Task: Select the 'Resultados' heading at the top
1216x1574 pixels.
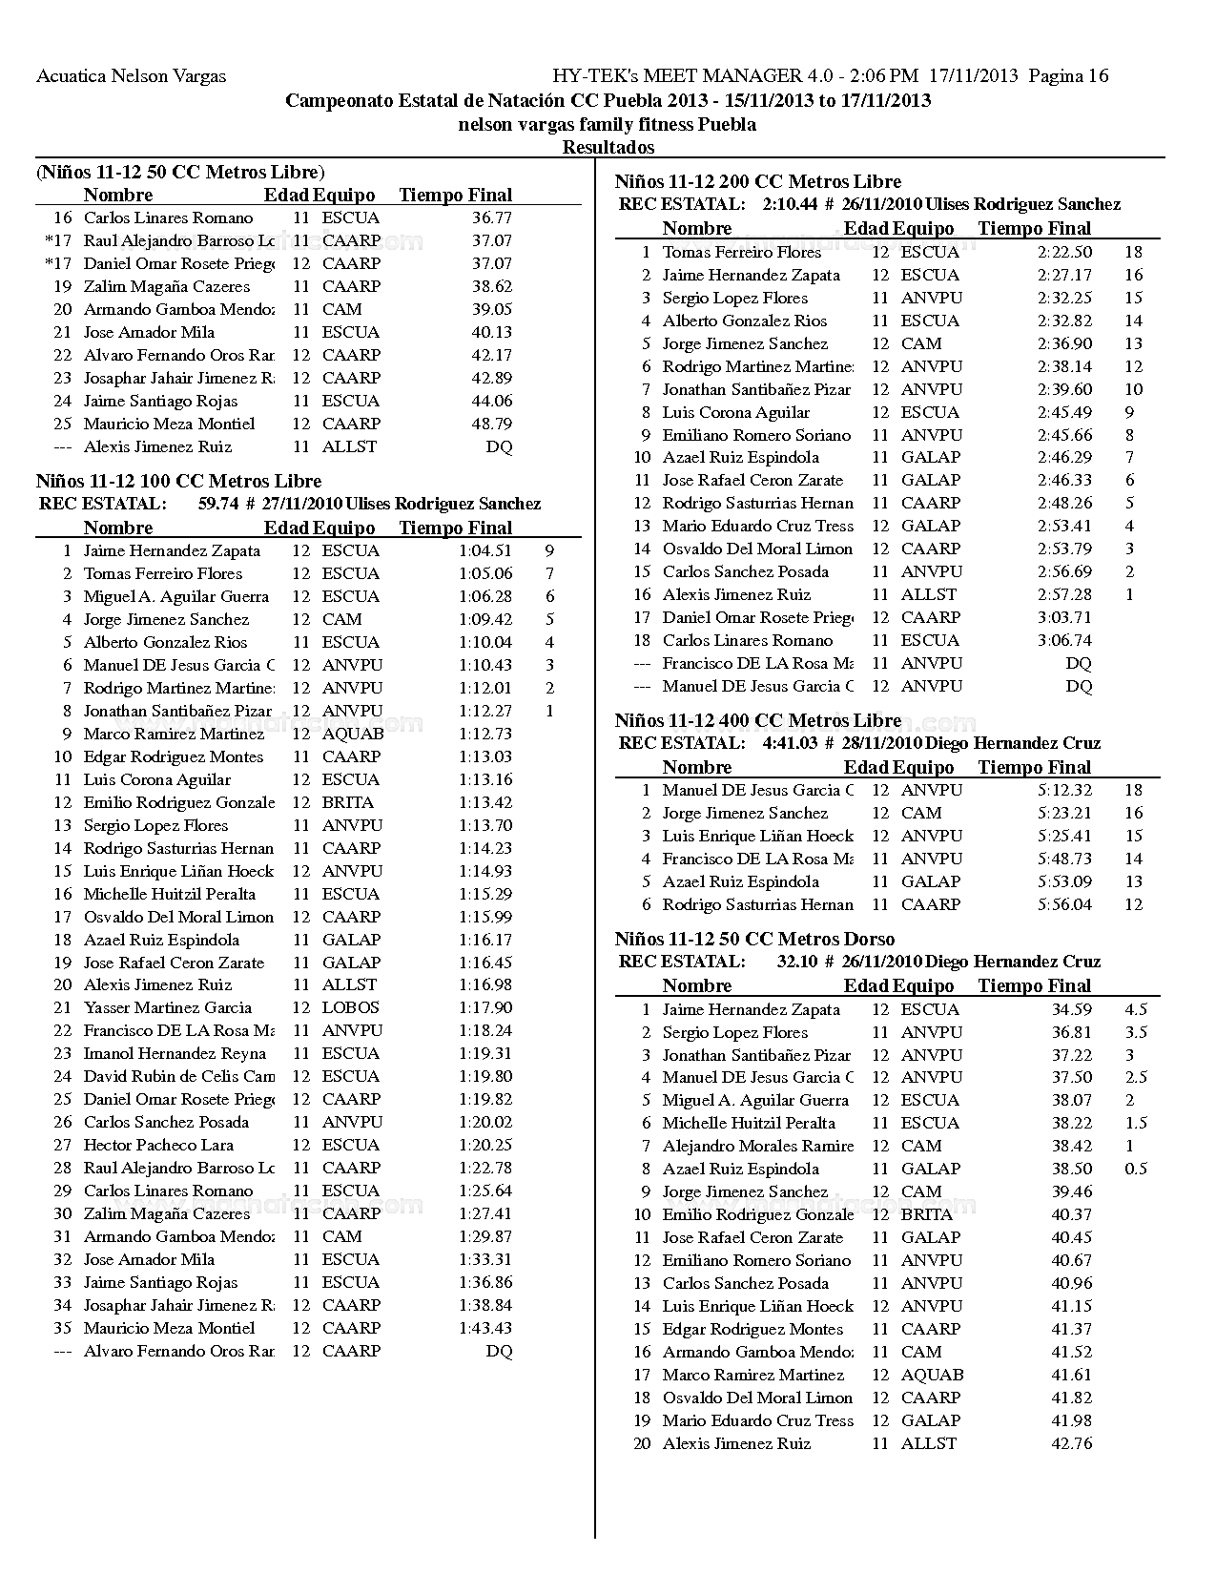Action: [x=608, y=147]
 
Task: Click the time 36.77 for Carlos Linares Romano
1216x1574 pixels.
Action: [x=492, y=217]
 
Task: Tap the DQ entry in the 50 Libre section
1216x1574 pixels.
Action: [x=499, y=446]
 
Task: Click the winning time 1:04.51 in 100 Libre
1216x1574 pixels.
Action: [x=485, y=550]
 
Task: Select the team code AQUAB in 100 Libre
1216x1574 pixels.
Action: [x=353, y=734]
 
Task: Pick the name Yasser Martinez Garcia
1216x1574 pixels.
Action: [x=168, y=1007]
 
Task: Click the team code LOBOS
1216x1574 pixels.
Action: [x=350, y=1007]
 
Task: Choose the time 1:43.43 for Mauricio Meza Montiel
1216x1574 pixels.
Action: [x=485, y=1328]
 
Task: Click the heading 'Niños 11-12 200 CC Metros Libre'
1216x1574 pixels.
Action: [x=758, y=181]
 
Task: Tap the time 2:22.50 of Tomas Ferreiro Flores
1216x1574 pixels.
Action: [x=1065, y=252]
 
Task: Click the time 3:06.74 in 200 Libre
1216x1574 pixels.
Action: [x=1065, y=640]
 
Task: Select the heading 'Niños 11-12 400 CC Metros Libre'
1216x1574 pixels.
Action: [x=758, y=720]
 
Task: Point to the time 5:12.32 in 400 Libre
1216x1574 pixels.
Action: [x=1065, y=790]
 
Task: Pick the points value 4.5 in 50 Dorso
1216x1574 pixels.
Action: [x=1136, y=1009]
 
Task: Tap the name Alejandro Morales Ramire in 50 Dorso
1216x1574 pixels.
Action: [x=758, y=1146]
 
